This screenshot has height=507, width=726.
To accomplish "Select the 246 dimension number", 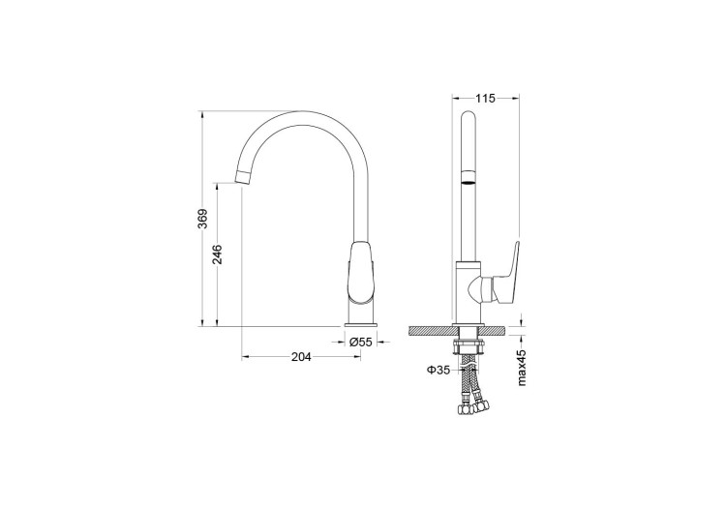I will [218, 254].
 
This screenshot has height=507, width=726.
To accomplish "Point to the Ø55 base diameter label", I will [361, 342].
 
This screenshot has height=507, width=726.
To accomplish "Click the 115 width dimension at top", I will [486, 99].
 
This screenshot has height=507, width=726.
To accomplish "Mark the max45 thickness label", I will [522, 367].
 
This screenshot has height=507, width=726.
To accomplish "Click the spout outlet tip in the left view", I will [246, 175].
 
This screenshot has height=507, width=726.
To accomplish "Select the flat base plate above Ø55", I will [362, 324].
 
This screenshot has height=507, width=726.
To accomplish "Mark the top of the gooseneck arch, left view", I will [304, 113].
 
